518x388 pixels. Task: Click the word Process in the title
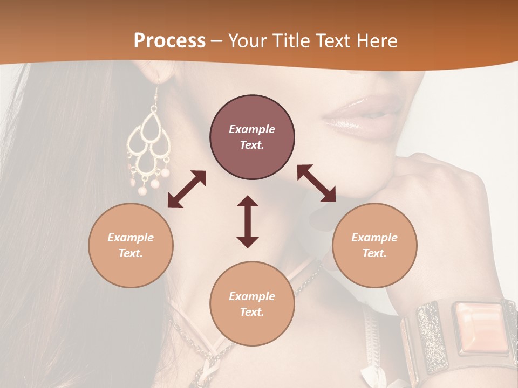coord(169,41)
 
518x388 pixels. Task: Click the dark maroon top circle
coord(252,137)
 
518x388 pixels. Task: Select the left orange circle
coord(131,245)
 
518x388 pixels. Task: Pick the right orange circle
coord(374,245)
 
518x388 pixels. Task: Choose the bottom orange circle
coord(252,303)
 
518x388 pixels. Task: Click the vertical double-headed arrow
coord(248,221)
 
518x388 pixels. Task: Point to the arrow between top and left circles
coord(187,189)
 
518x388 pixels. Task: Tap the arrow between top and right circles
coord(316,183)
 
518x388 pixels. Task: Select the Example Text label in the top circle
coord(252,137)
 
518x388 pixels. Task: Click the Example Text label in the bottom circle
coord(252,304)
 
